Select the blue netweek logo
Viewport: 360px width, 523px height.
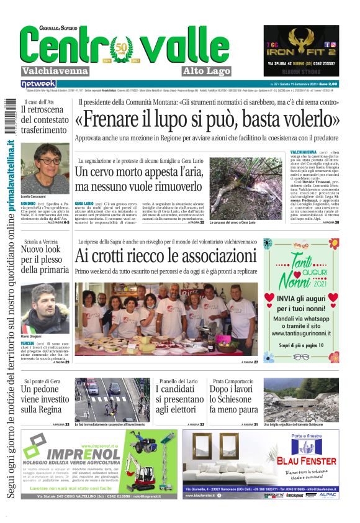pyautogui.click(x=38, y=83)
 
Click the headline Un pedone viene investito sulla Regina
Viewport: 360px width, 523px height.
pyautogui.click(x=45, y=399)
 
